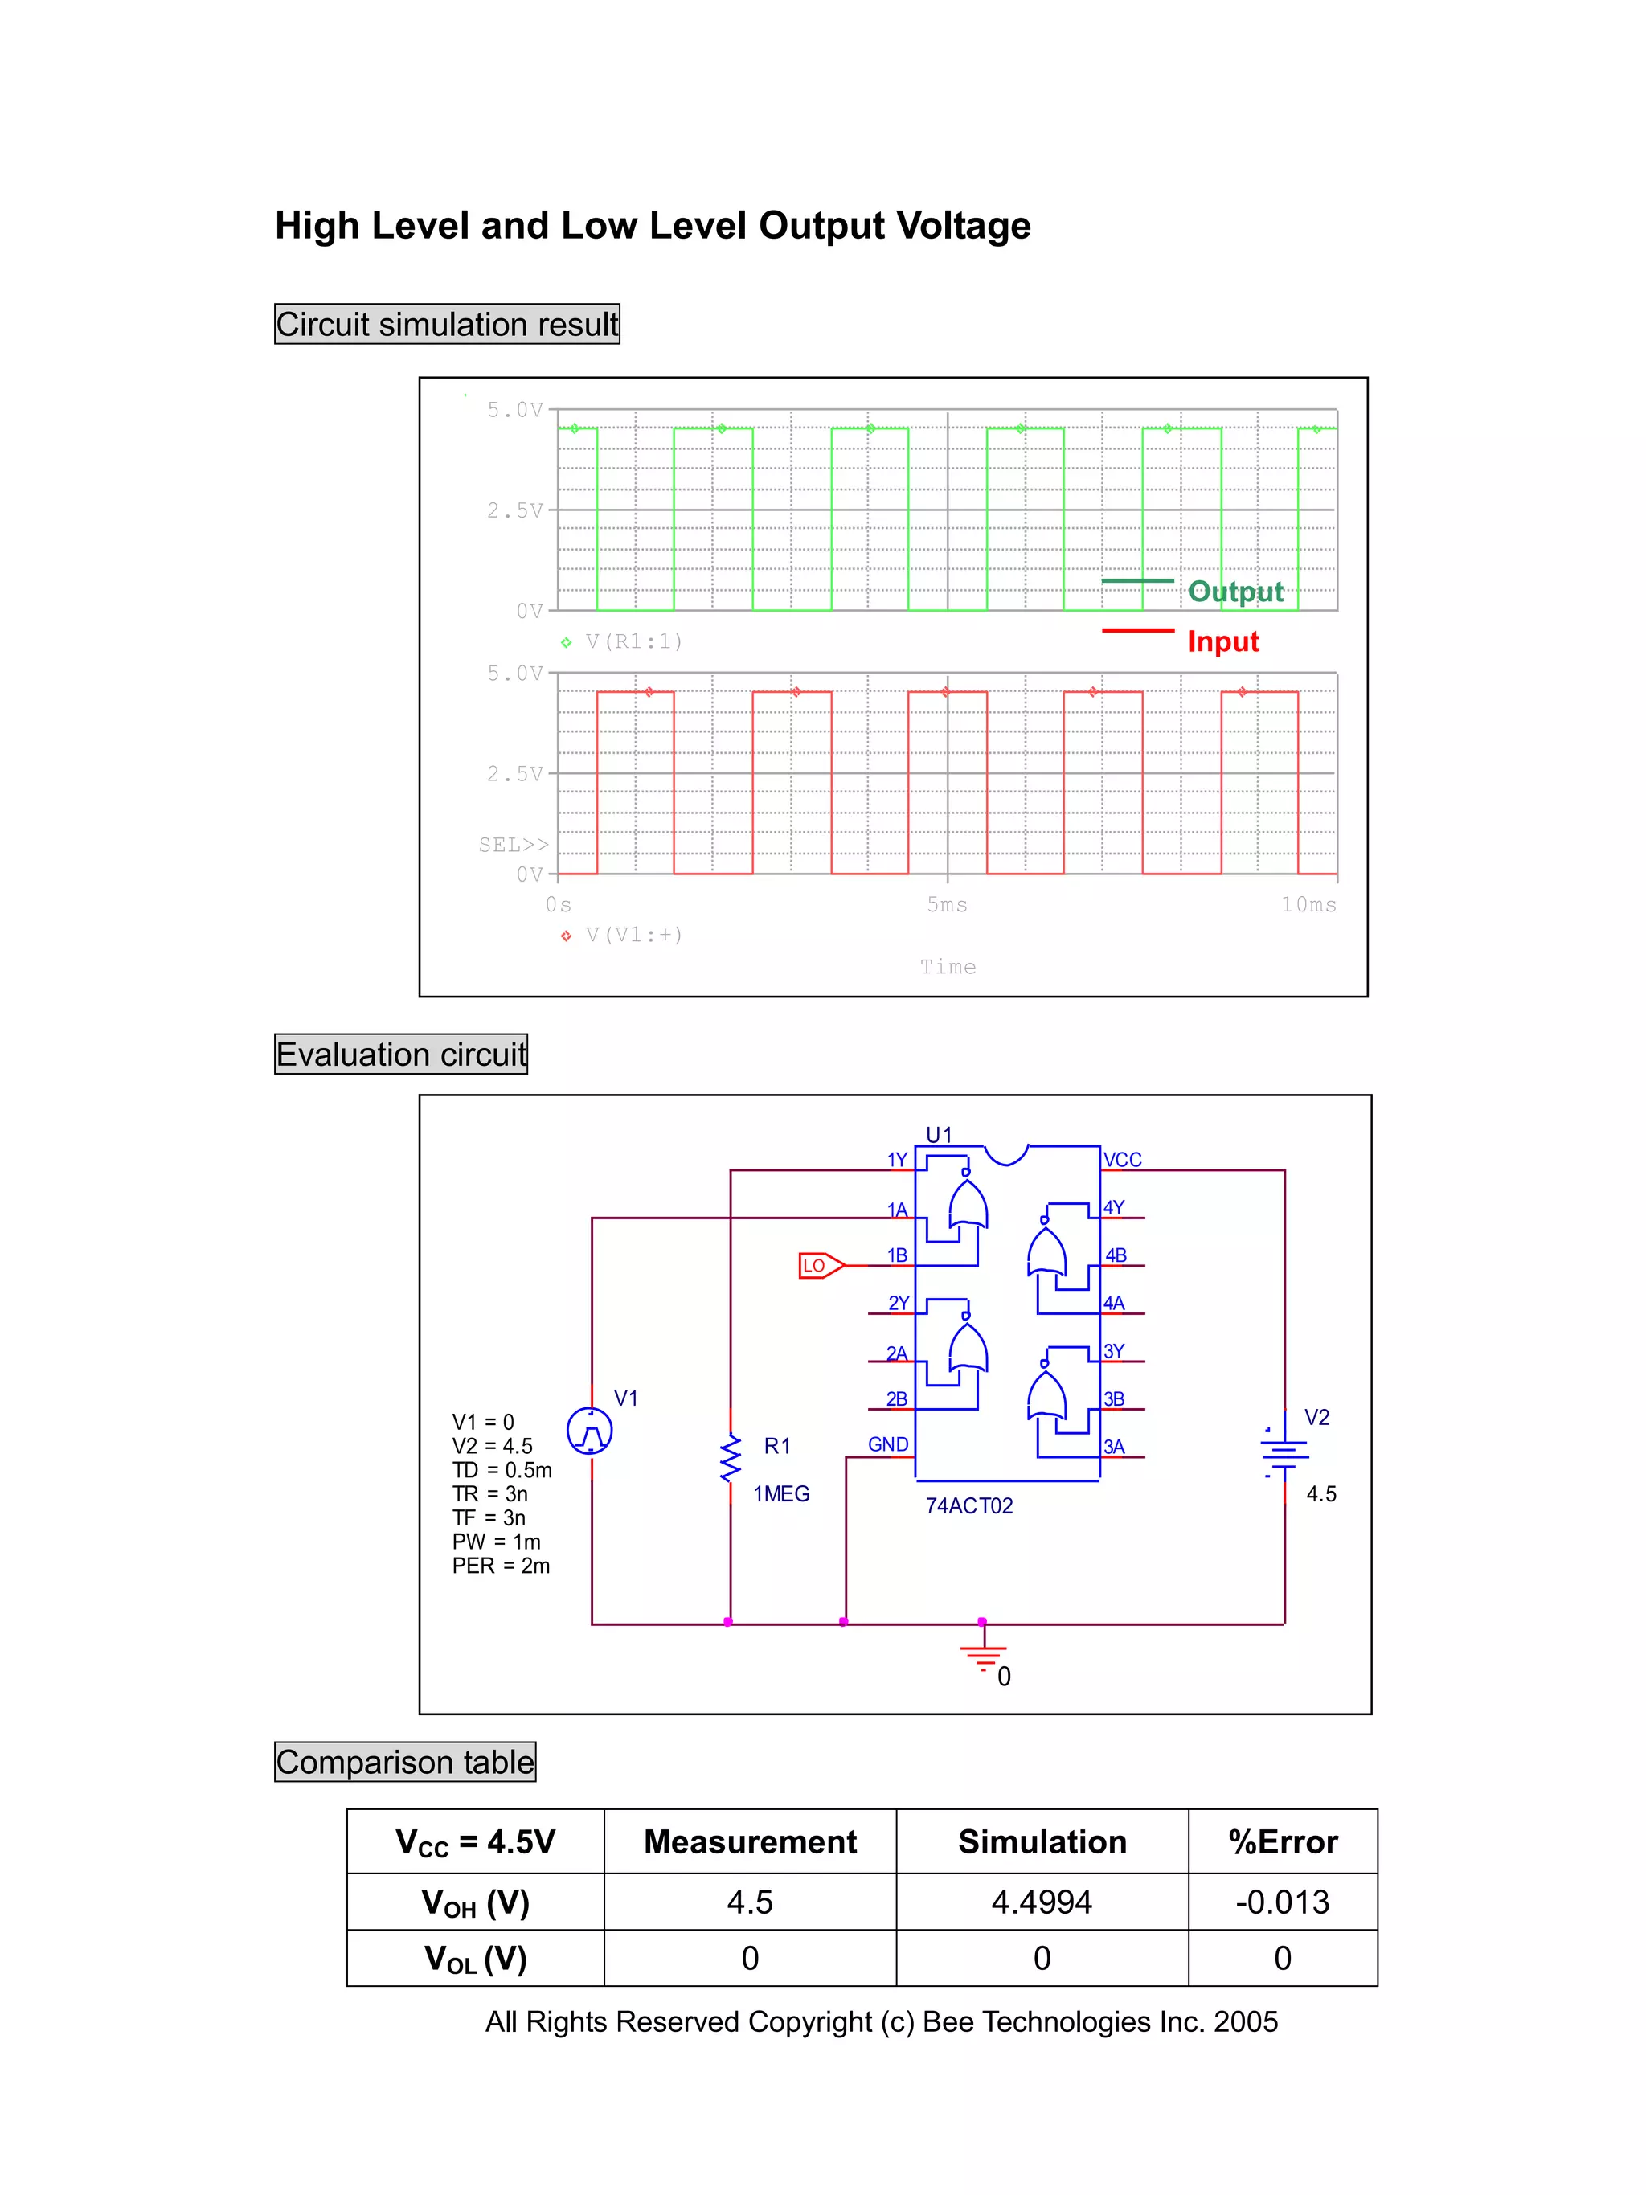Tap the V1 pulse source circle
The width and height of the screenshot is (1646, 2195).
coord(589,1431)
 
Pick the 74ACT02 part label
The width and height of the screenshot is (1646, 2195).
coord(968,1505)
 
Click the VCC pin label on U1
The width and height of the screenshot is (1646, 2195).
coord(1122,1159)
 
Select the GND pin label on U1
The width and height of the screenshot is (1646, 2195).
coord(888,1444)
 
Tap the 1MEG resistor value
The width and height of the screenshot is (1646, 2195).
coord(781,1493)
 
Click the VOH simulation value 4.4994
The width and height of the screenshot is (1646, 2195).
coord(1041,1902)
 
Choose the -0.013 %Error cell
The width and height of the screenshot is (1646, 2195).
coord(1282,1902)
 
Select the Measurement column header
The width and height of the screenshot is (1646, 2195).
coord(750,1841)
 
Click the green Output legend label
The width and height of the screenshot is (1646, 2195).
coord(1235,592)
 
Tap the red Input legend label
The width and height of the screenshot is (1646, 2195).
coord(1222,641)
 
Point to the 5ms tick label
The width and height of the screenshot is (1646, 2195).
coord(947,904)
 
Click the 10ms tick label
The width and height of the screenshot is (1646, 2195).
coord(1308,904)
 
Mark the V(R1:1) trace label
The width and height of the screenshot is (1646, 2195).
coord(633,641)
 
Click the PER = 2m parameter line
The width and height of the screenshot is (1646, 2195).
coord(501,1565)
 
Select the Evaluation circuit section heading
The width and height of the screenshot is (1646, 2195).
coord(401,1054)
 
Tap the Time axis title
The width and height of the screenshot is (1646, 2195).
coord(948,967)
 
